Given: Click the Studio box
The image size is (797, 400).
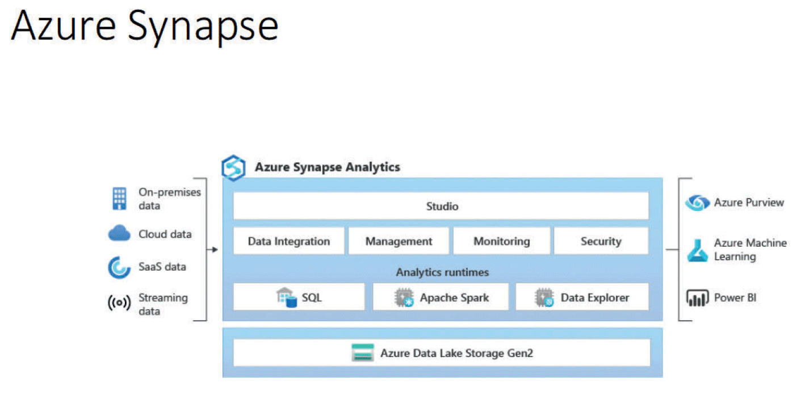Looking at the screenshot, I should (x=441, y=206).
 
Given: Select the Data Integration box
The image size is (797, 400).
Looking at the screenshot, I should (x=288, y=241).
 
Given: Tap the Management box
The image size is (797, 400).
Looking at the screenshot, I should (x=398, y=241).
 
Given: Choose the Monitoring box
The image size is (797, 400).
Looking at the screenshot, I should (x=501, y=241).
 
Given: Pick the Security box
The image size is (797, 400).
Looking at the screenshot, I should (x=601, y=241).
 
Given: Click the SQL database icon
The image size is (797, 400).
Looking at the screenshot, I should (x=287, y=297).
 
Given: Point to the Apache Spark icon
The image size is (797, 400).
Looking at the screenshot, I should (x=404, y=297).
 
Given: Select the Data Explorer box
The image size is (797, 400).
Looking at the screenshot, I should (x=582, y=297).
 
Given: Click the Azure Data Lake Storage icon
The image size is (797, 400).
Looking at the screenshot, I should (x=363, y=353).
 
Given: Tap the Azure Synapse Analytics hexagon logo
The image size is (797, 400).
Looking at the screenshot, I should (x=233, y=168).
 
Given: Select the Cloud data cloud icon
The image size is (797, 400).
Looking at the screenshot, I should (x=119, y=234).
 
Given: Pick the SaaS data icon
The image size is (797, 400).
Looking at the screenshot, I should (x=119, y=267).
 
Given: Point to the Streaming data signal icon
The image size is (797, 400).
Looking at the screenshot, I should (x=119, y=304).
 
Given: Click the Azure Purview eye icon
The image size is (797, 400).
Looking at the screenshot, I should (x=697, y=203).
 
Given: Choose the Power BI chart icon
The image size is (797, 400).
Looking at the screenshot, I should (x=698, y=298).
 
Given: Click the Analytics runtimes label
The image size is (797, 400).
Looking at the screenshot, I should (x=442, y=272).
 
